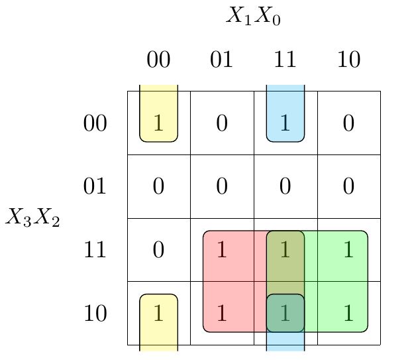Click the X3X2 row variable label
(x=33, y=217)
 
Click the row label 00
(x=95, y=123)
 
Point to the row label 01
(x=95, y=186)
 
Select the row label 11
(x=95, y=250)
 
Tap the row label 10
(x=95, y=313)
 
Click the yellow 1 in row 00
(x=158, y=123)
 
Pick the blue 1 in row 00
(x=285, y=123)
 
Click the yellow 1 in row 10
(x=158, y=313)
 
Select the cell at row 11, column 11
(x=285, y=250)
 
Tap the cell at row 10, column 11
(x=285, y=313)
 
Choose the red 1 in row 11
(x=222, y=250)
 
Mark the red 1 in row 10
(x=222, y=313)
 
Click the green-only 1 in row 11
(x=348, y=250)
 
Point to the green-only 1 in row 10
(x=348, y=313)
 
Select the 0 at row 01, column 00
(x=158, y=186)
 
